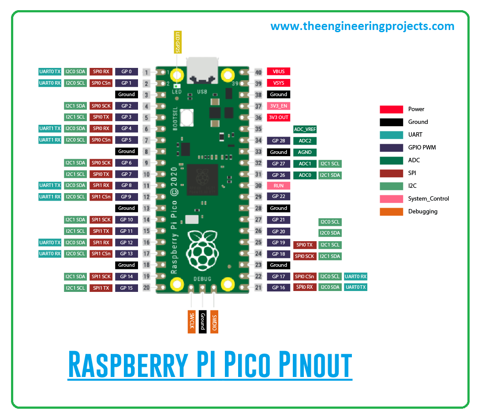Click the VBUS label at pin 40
click(x=278, y=71)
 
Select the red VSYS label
click(x=278, y=83)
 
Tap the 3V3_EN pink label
click(x=278, y=106)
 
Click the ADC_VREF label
click(x=305, y=129)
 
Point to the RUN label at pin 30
click(x=278, y=186)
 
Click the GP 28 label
click(x=278, y=141)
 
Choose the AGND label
click(x=305, y=152)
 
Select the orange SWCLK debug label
click(x=191, y=321)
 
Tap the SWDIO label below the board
click(x=214, y=321)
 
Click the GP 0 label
click(x=127, y=71)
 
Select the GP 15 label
click(x=127, y=288)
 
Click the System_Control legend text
click(x=428, y=198)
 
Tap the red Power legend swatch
click(x=391, y=109)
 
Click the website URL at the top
click(x=362, y=26)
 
